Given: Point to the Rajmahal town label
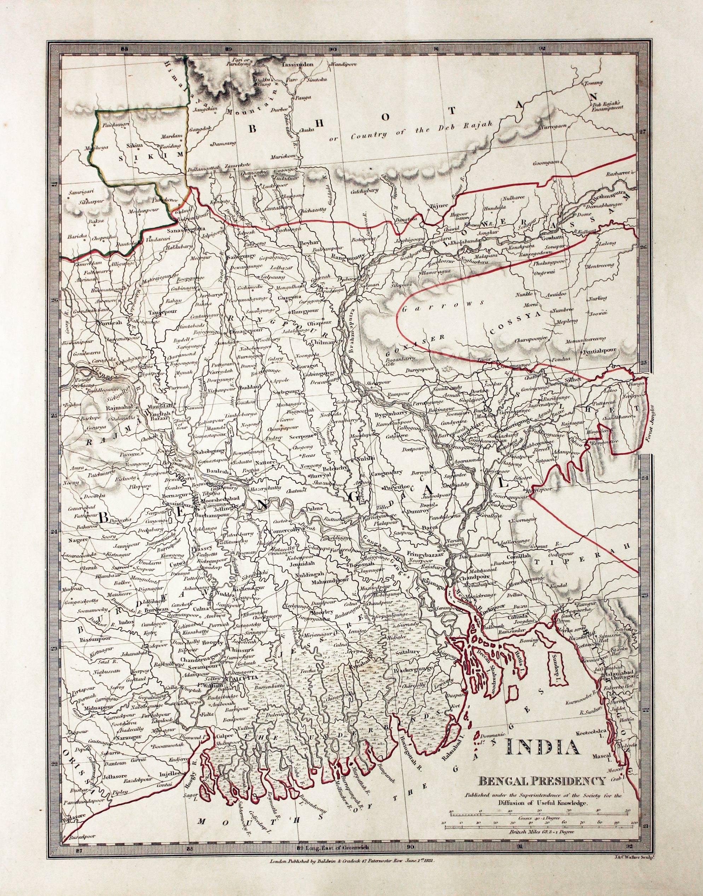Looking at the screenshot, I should [x=118, y=408].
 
